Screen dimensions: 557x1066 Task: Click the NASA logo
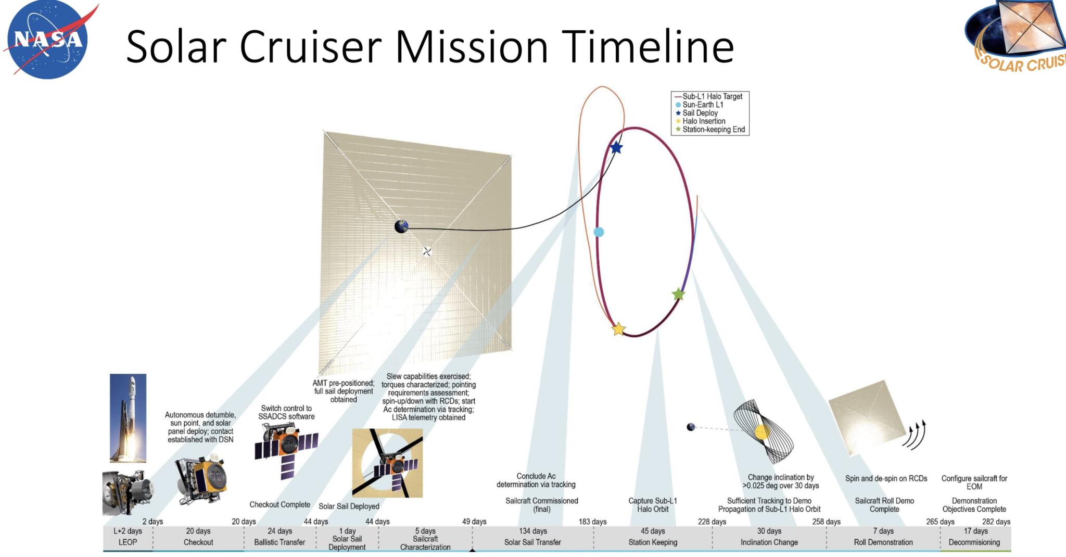[48, 40]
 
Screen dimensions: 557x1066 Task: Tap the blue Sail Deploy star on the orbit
[616, 147]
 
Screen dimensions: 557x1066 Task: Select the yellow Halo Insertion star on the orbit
[618, 329]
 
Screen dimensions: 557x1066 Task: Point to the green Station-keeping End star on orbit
[678, 295]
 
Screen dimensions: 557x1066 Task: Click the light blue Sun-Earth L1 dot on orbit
[599, 232]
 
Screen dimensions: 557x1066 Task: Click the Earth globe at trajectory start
[401, 226]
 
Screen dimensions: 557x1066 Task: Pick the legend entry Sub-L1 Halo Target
[712, 96]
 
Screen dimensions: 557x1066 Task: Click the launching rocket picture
[128, 417]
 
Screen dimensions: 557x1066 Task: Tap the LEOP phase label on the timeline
[128, 542]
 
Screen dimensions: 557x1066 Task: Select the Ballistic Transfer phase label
[280, 542]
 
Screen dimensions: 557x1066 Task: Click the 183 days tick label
[592, 522]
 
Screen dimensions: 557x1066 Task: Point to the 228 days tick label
[712, 522]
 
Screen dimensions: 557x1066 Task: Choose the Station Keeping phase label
[653, 542]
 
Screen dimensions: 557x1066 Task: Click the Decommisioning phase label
[974, 542]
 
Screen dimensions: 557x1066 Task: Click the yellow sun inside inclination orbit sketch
[762, 432]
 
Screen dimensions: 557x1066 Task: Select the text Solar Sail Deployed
[349, 506]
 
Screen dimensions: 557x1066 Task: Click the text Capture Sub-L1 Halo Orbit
[653, 504]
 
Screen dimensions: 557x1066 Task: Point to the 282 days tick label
[996, 522]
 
